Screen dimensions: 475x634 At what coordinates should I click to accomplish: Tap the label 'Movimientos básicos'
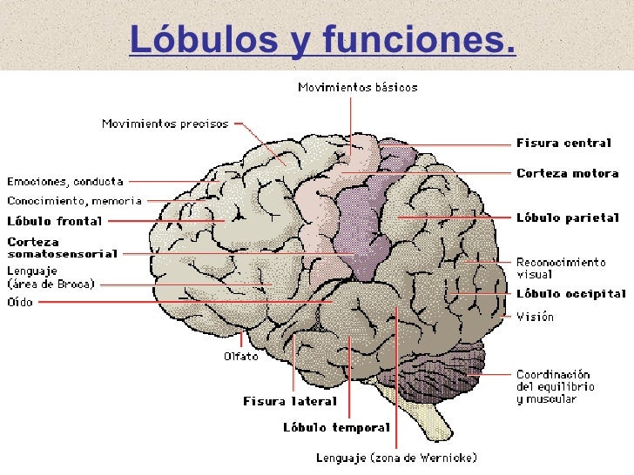[358, 87]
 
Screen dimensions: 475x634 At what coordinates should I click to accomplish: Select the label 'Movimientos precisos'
[165, 124]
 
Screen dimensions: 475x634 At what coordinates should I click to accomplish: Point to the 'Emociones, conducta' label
[65, 182]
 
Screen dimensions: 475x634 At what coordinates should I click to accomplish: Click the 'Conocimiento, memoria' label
[74, 201]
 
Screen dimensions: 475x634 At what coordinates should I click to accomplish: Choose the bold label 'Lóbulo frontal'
[54, 221]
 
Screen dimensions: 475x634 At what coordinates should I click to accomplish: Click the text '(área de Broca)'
[51, 284]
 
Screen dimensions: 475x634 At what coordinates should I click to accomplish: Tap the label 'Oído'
[20, 302]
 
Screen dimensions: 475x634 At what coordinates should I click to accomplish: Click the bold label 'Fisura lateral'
[289, 401]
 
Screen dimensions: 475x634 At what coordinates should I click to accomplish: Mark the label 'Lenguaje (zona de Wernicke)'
[396, 457]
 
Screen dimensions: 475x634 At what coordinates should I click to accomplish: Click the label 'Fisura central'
[563, 144]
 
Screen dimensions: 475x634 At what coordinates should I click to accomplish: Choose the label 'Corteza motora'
[567, 173]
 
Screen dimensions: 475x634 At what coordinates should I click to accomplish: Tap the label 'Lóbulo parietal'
[567, 217]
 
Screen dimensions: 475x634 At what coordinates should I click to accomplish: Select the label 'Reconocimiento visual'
[560, 266]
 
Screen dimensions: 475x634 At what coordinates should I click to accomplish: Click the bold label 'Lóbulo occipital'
[570, 294]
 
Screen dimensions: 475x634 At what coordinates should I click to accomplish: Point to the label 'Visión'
[535, 317]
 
